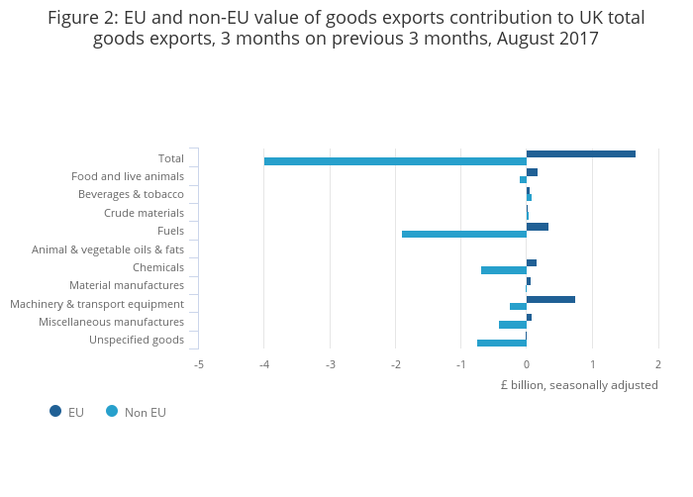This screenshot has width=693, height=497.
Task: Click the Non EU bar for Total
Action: (395, 161)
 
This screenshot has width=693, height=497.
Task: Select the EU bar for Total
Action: (581, 154)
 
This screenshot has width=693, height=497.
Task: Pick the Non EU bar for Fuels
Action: (464, 235)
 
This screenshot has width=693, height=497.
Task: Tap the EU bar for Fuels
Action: (538, 227)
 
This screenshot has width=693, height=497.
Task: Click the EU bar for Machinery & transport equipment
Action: (550, 299)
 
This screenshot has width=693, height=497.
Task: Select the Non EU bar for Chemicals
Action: (504, 270)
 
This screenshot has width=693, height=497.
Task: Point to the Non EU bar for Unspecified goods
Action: (502, 344)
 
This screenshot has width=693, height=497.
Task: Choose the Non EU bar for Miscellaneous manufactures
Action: (513, 325)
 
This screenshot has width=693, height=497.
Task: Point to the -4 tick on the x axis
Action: (264, 364)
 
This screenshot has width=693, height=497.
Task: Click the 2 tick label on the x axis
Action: (657, 364)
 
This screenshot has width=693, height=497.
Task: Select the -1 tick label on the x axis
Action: (461, 364)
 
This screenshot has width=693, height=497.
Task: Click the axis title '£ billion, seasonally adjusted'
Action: (579, 385)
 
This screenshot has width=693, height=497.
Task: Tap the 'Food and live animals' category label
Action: (128, 176)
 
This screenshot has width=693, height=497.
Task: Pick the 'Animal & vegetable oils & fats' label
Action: (108, 249)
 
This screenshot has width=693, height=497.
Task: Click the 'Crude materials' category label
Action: (144, 213)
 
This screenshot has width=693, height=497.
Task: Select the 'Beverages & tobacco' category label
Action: (131, 194)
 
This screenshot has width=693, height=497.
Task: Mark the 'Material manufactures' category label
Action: (127, 285)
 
